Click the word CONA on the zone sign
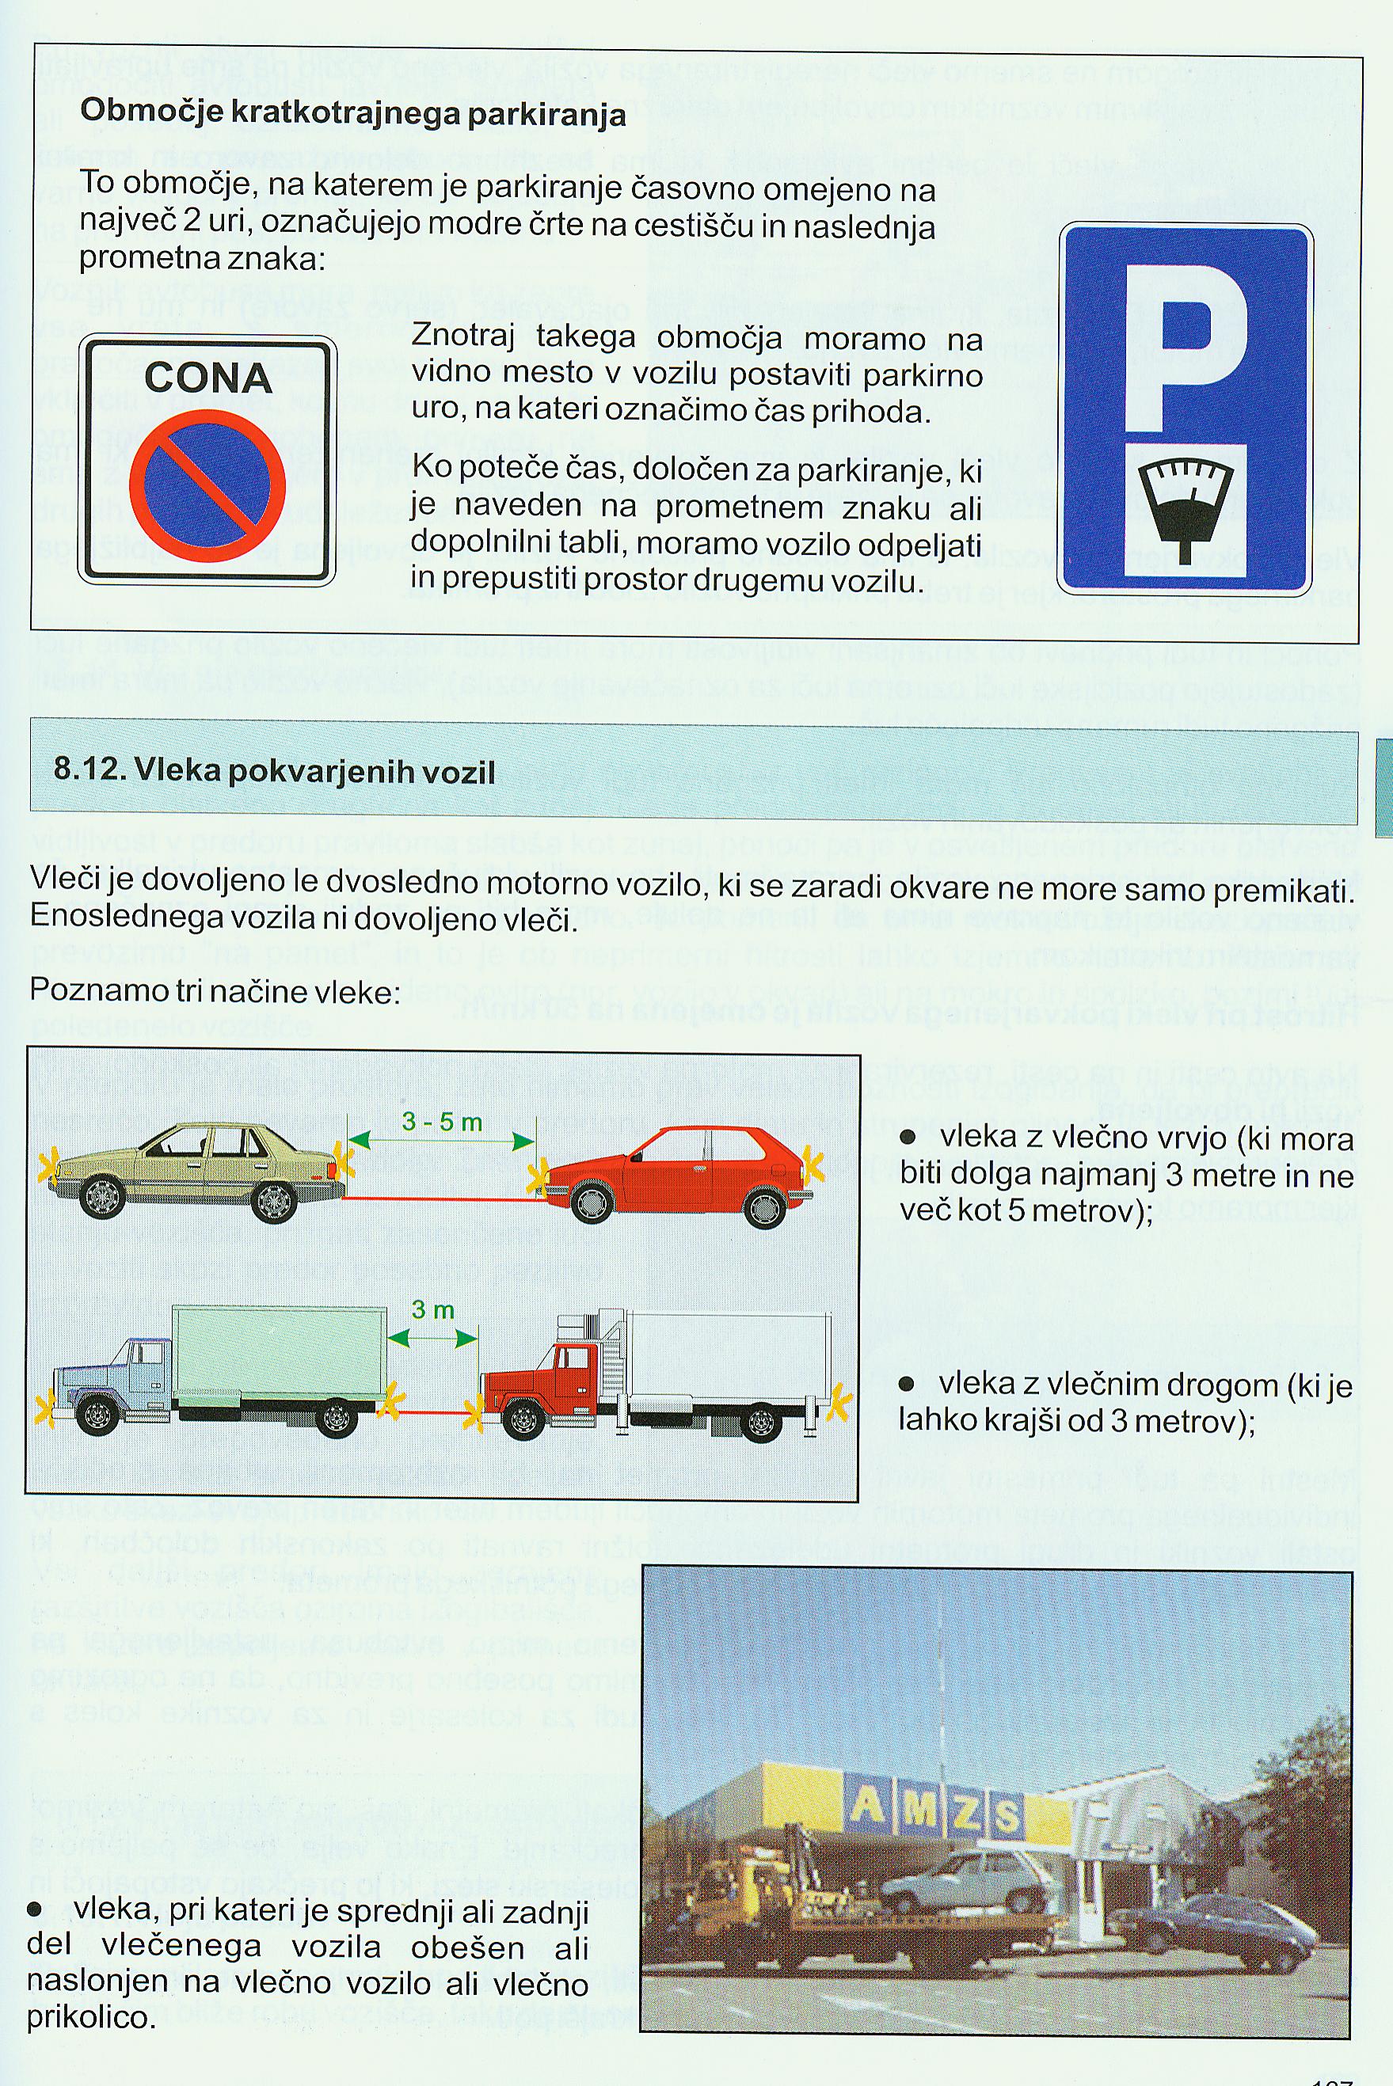tap(208, 378)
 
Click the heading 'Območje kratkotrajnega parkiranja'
tap(352, 114)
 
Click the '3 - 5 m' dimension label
tap(442, 1123)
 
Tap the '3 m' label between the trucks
tap(432, 1310)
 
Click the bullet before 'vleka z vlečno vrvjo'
tap(908, 1138)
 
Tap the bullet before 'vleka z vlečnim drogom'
tap(907, 1384)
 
